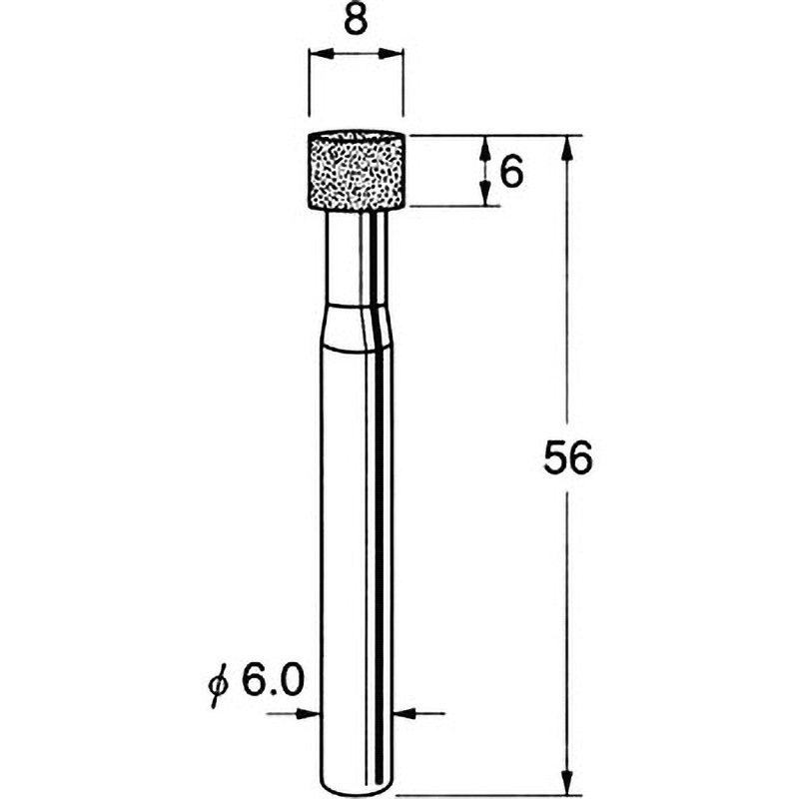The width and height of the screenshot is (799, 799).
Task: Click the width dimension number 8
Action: [x=356, y=20]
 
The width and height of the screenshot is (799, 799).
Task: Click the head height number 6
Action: [x=511, y=172]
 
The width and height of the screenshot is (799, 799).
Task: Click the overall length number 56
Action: [x=568, y=457]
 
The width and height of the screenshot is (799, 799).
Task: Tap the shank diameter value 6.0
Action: [x=273, y=680]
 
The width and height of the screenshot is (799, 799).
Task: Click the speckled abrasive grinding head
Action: [x=357, y=170]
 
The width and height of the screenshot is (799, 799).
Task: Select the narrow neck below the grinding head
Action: [x=357, y=258]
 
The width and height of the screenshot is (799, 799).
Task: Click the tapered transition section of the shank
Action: [x=358, y=327]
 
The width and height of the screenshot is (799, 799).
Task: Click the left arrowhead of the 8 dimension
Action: [x=321, y=53]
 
